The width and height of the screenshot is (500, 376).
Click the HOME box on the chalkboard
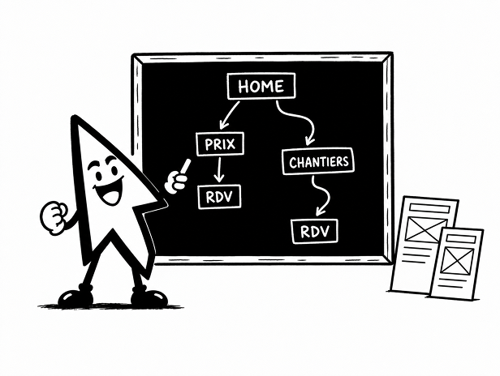tap(261, 86)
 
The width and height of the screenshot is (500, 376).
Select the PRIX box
tap(220, 144)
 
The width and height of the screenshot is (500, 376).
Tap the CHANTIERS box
tap(318, 161)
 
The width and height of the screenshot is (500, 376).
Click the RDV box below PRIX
tap(219, 197)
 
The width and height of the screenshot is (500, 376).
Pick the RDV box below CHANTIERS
tap(315, 231)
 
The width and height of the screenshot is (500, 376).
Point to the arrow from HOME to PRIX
tap(230, 114)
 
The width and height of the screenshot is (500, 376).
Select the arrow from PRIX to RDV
tap(219, 169)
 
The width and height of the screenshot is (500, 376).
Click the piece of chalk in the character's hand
tap(185, 166)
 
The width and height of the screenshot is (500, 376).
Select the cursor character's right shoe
tap(149, 296)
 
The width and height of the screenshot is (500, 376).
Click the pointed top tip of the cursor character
tap(75, 117)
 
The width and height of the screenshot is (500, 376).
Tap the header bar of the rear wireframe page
tap(429, 208)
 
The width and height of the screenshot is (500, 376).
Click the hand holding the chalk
tap(175, 182)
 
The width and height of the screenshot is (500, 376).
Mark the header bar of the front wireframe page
tap(462, 239)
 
